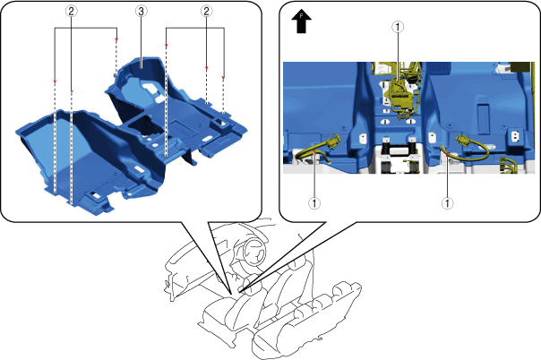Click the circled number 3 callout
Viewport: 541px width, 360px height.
pyautogui.click(x=141, y=12)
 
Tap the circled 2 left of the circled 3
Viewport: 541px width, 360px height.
pyautogui.click(x=71, y=12)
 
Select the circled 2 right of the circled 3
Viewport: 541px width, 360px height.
pyautogui.click(x=206, y=12)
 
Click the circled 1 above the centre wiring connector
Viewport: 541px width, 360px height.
pyautogui.click(x=398, y=27)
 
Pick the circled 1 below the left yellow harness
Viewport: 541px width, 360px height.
pyautogui.click(x=314, y=203)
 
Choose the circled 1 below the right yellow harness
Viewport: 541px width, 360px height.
pyautogui.click(x=448, y=203)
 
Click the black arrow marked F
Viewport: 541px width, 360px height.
pyautogui.click(x=302, y=21)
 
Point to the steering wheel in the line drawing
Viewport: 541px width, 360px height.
pyautogui.click(x=254, y=253)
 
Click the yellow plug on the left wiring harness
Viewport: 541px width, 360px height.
pyautogui.click(x=332, y=141)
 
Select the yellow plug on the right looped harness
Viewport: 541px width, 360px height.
pyautogui.click(x=463, y=141)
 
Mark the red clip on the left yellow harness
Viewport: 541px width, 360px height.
pyautogui.click(x=314, y=150)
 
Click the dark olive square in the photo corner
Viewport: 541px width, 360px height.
pyautogui.click(x=520, y=67)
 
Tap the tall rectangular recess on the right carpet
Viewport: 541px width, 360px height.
pyautogui.click(x=483, y=119)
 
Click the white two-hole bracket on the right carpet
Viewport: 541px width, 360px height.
pyautogui.click(x=514, y=136)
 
